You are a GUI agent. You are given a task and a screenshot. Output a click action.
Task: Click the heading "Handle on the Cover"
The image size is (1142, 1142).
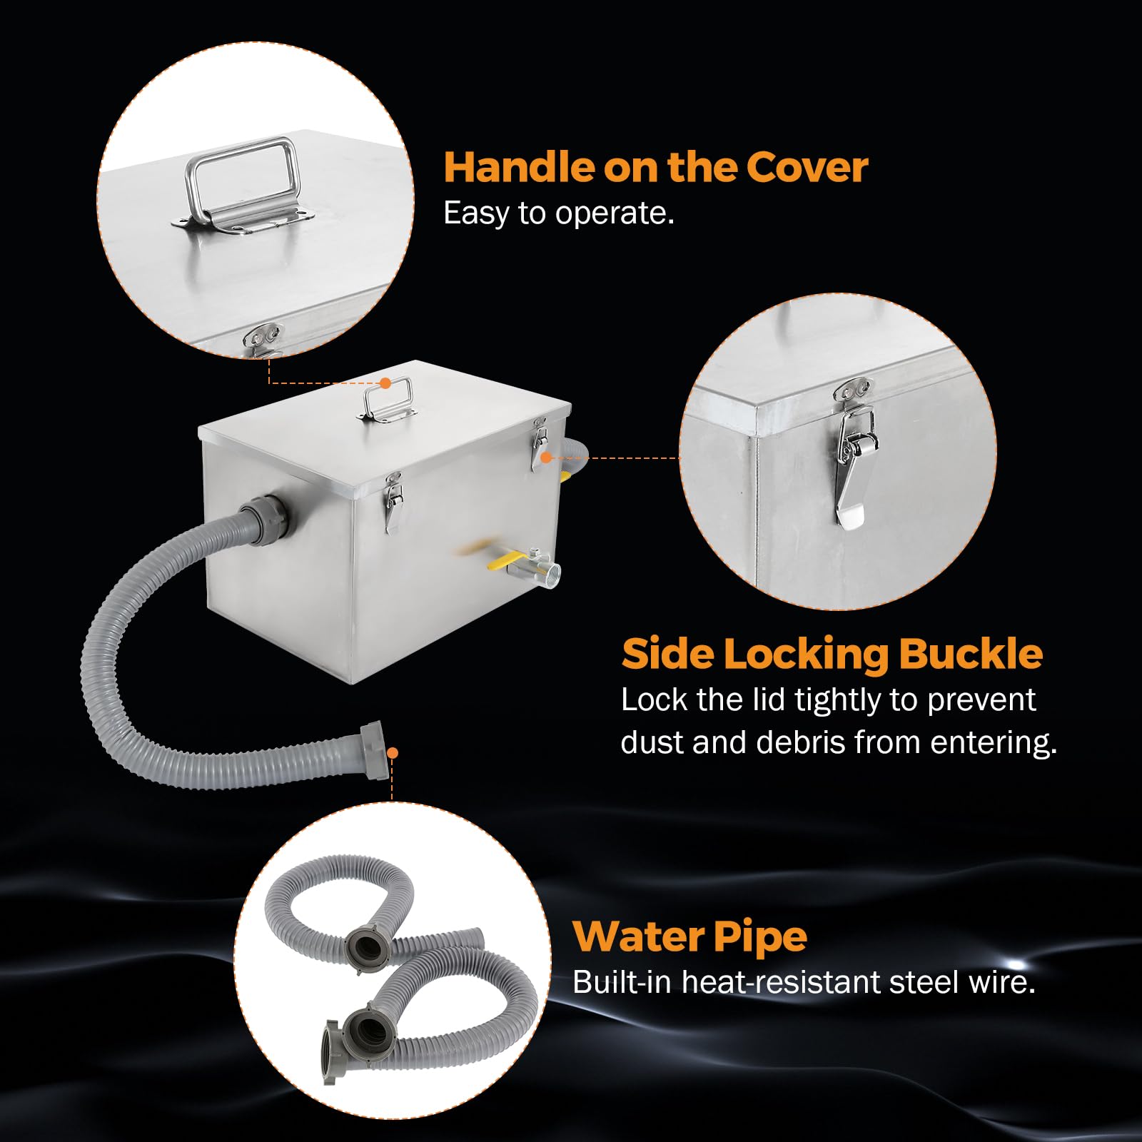point(655,167)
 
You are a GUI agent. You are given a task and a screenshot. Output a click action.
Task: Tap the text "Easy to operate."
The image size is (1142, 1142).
point(559,213)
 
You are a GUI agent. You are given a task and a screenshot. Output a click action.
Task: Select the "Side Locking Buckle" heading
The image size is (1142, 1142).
point(832,654)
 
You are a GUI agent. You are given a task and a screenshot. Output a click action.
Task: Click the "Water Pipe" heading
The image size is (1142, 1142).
point(689,937)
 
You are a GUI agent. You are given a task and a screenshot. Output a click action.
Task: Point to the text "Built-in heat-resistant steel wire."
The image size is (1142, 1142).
point(804,982)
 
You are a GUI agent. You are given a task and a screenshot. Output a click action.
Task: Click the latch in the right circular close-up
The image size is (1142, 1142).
point(854,454)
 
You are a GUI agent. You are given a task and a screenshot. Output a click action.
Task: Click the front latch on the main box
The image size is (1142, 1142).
point(393,502)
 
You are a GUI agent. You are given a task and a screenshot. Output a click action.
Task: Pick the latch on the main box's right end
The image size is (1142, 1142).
point(539,445)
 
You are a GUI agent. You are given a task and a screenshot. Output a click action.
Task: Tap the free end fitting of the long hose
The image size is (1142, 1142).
point(375,751)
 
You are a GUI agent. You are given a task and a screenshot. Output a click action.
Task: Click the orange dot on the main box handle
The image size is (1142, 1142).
point(385,383)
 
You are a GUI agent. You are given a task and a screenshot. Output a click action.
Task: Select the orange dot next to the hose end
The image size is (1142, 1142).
point(393,753)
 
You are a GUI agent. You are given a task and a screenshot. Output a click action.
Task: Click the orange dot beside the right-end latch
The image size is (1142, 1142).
point(546,458)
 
